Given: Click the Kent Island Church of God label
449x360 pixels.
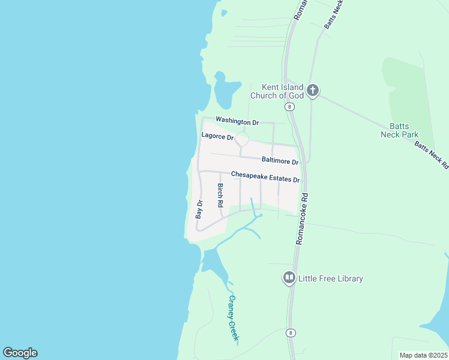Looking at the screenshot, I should [x=277, y=92].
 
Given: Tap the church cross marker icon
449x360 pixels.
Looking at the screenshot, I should [x=312, y=91].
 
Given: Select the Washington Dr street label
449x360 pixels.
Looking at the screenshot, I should [x=237, y=121].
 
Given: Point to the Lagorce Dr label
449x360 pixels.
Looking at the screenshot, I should [x=217, y=136].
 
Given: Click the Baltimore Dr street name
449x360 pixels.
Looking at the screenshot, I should [x=280, y=161].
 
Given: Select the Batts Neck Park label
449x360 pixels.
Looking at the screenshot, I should [x=399, y=130].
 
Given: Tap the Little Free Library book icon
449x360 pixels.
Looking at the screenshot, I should [x=289, y=278].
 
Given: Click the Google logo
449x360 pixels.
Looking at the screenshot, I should [x=20, y=353].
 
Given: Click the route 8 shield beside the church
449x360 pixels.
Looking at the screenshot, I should [x=290, y=107].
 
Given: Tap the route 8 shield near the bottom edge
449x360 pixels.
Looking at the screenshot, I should [x=291, y=334].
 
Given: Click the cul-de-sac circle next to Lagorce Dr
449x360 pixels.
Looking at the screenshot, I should [x=242, y=139].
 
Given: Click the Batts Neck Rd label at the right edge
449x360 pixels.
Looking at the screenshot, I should [x=432, y=155].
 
